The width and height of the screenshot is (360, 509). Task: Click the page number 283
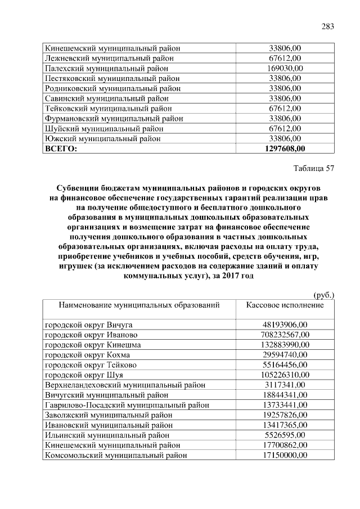pyautogui.click(x=327, y=26)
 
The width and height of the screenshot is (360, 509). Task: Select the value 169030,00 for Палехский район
pyautogui.click(x=285, y=68)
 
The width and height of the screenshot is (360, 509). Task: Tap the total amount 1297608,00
pyautogui.click(x=285, y=148)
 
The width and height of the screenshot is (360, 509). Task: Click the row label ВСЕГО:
pyautogui.click(x=61, y=148)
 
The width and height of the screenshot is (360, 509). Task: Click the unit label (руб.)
pyautogui.click(x=323, y=294)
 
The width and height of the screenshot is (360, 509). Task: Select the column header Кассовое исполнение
pyautogui.click(x=285, y=305)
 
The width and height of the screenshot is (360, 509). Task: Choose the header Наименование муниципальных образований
pyautogui.click(x=138, y=305)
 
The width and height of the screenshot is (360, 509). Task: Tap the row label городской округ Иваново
pyautogui.click(x=91, y=335)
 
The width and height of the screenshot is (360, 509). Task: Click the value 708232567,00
pyautogui.click(x=285, y=335)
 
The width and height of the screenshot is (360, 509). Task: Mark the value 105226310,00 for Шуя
pyautogui.click(x=285, y=375)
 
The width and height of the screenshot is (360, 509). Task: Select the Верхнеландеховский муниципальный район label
pyautogui.click(x=124, y=385)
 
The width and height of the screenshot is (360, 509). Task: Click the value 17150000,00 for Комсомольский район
pyautogui.click(x=285, y=455)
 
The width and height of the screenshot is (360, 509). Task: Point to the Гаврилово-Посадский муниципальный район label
pyautogui.click(x=127, y=405)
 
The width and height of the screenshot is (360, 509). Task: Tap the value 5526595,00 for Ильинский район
pyautogui.click(x=285, y=435)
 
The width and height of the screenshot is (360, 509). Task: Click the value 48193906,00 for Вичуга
pyautogui.click(x=285, y=325)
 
